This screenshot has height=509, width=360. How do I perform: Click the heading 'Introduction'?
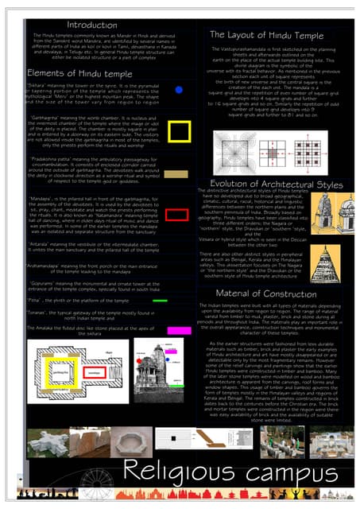click(x=92, y=25)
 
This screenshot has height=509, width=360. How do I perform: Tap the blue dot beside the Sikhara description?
click(x=179, y=91)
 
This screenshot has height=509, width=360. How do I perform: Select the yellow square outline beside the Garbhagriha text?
click(x=179, y=131)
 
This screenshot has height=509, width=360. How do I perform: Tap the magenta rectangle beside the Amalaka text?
click(x=179, y=330)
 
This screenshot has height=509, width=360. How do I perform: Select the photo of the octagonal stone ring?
click(x=88, y=441)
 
